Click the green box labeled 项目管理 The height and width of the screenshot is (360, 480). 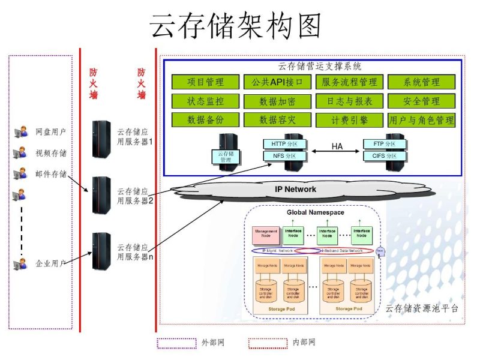[x=205, y=82]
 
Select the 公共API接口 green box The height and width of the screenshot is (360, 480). [x=277, y=82]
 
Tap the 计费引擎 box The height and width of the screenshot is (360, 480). [x=349, y=119]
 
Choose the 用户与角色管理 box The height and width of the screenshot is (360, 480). [x=421, y=119]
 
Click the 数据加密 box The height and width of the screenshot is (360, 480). [x=277, y=101]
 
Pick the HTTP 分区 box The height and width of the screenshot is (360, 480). [x=284, y=144]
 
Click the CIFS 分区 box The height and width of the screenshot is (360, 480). [x=383, y=156]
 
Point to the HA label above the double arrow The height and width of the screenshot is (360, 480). [x=337, y=146]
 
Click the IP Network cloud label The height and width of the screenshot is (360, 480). [x=295, y=189]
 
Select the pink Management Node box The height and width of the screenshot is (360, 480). [x=266, y=233]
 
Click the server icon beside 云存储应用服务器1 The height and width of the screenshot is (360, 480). [x=101, y=138]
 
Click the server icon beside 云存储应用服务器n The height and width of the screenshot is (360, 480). [x=101, y=251]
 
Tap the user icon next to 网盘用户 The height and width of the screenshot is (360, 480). [x=20, y=131]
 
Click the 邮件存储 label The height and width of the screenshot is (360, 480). [x=50, y=174]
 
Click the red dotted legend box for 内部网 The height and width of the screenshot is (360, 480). [x=268, y=343]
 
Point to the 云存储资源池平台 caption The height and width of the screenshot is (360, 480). [x=421, y=308]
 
